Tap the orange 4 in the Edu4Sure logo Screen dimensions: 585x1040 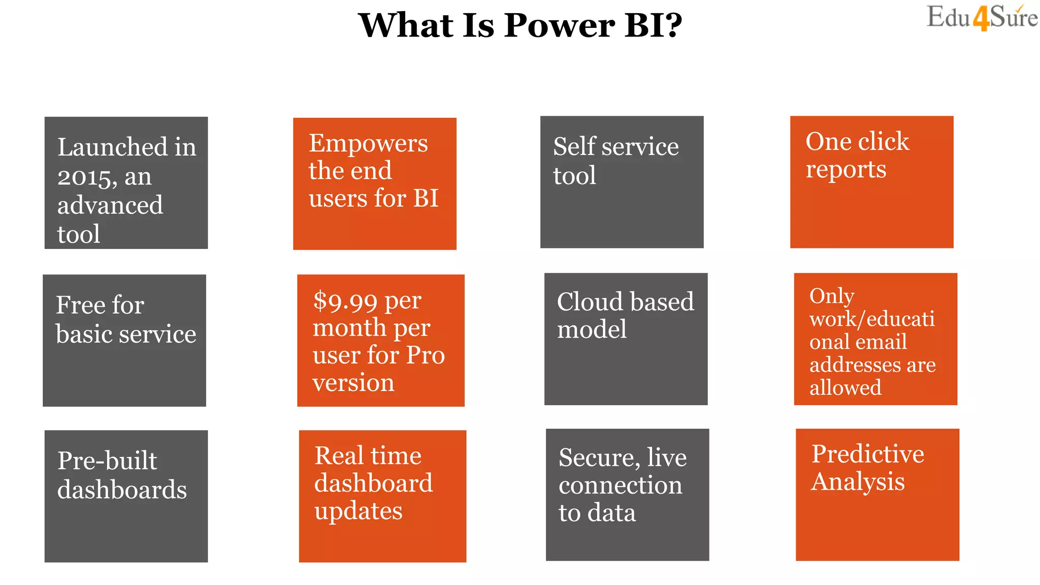point(981,19)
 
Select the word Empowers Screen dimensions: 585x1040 point(368,144)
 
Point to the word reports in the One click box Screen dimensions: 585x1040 point(846,170)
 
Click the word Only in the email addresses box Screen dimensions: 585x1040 point(832,296)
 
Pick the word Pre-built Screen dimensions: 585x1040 point(107,461)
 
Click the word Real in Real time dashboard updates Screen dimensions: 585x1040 point(339,456)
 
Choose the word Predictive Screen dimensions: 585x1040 point(867,454)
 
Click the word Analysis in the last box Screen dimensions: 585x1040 point(858,481)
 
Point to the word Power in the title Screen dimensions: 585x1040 point(559,25)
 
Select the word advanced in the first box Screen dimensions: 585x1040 point(110,206)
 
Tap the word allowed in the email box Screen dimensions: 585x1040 point(845,388)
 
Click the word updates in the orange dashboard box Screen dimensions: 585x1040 point(358,511)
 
